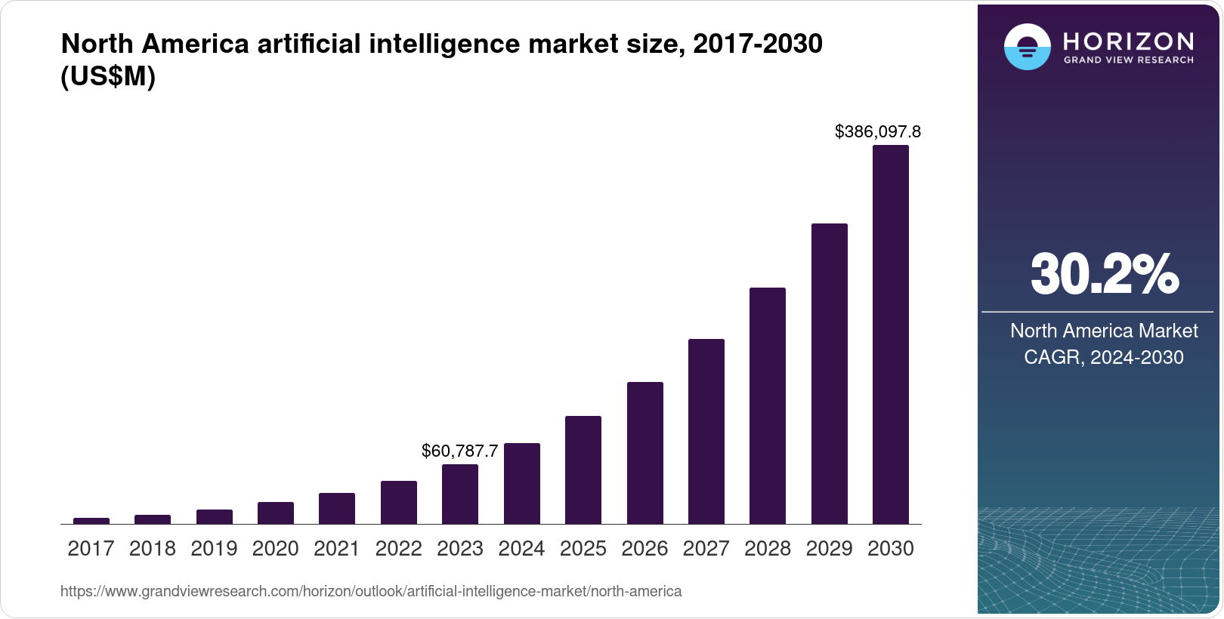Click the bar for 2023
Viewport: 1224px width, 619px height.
460,494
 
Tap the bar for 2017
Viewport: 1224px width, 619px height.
91,520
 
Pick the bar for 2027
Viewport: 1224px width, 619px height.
706,431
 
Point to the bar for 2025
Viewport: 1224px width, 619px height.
583,470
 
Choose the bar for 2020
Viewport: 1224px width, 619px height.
276,513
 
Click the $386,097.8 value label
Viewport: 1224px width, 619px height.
877,132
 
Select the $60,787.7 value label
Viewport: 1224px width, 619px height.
459,451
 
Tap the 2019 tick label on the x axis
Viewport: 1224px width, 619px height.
214,549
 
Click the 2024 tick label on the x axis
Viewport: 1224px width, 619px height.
521,549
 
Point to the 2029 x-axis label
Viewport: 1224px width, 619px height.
829,549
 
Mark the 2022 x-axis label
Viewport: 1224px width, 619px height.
398,549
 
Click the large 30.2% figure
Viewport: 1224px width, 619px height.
1104,274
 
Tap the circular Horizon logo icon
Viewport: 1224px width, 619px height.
1027,47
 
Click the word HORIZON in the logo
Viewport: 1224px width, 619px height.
1128,41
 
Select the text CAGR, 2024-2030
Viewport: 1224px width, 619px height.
1103,357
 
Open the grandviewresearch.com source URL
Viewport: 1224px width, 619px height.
371,592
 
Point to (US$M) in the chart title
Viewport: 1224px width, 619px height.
108,77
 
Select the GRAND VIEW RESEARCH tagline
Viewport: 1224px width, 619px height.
1128,60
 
